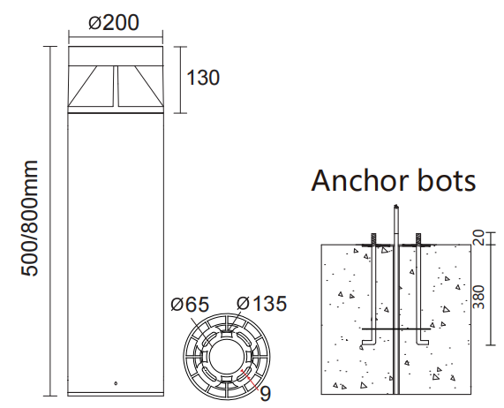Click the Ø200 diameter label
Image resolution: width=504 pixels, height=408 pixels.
114,22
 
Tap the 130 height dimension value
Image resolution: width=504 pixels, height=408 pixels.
202,78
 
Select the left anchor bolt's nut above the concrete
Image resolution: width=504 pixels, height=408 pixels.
374,238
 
